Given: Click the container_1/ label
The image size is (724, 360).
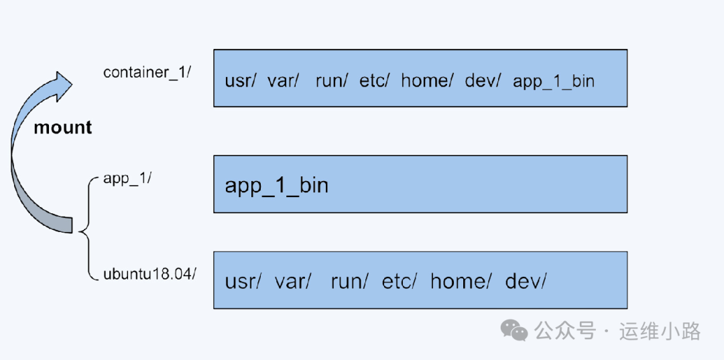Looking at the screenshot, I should click(147, 72).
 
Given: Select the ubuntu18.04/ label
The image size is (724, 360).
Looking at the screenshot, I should click(149, 275).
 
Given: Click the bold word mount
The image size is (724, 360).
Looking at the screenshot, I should click(62, 127).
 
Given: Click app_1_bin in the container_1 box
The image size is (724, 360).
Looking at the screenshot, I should click(554, 81).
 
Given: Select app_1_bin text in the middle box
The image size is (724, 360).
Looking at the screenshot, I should click(276, 185).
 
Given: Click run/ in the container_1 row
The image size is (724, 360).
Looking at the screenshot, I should click(331, 81).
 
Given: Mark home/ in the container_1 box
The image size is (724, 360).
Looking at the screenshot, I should click(427, 81).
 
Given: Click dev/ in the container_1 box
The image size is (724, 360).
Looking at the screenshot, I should click(483, 81).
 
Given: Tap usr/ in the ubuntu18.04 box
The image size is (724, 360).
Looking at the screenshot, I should click(243, 282).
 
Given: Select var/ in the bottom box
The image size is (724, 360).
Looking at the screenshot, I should click(293, 282).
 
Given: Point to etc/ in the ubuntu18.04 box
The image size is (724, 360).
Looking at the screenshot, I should click(399, 282).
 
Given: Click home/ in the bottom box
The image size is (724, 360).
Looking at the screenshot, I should click(460, 282).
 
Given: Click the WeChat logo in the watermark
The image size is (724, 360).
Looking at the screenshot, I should click(516, 330).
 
